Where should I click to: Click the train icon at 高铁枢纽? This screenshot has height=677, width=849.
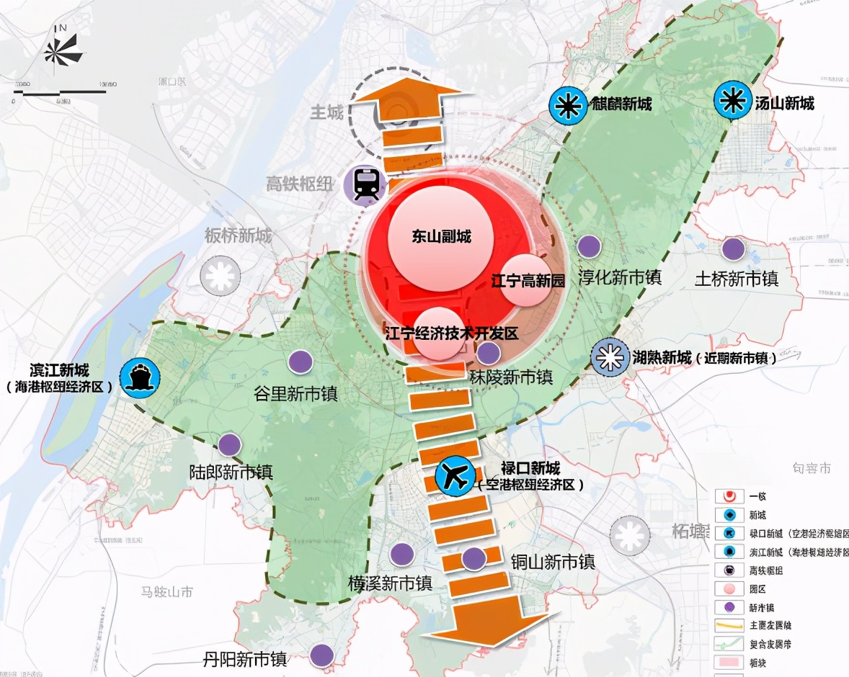point(368,184)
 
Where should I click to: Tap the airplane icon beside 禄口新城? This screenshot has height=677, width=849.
point(456,475)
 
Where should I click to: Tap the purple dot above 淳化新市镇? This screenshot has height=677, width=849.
point(590,247)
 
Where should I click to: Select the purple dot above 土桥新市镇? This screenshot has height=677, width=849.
point(733,249)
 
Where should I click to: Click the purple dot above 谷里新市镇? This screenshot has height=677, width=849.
point(301,362)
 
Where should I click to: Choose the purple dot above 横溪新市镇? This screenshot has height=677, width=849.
point(401,555)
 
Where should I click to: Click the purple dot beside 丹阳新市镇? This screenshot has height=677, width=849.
point(321,655)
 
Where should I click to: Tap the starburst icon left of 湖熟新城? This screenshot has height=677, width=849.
point(609,357)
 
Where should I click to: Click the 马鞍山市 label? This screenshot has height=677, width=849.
point(167,592)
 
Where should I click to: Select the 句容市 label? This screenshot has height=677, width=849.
point(811,468)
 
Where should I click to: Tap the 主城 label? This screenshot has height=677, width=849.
point(326,112)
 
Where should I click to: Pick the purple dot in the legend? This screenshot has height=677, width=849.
point(730,607)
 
